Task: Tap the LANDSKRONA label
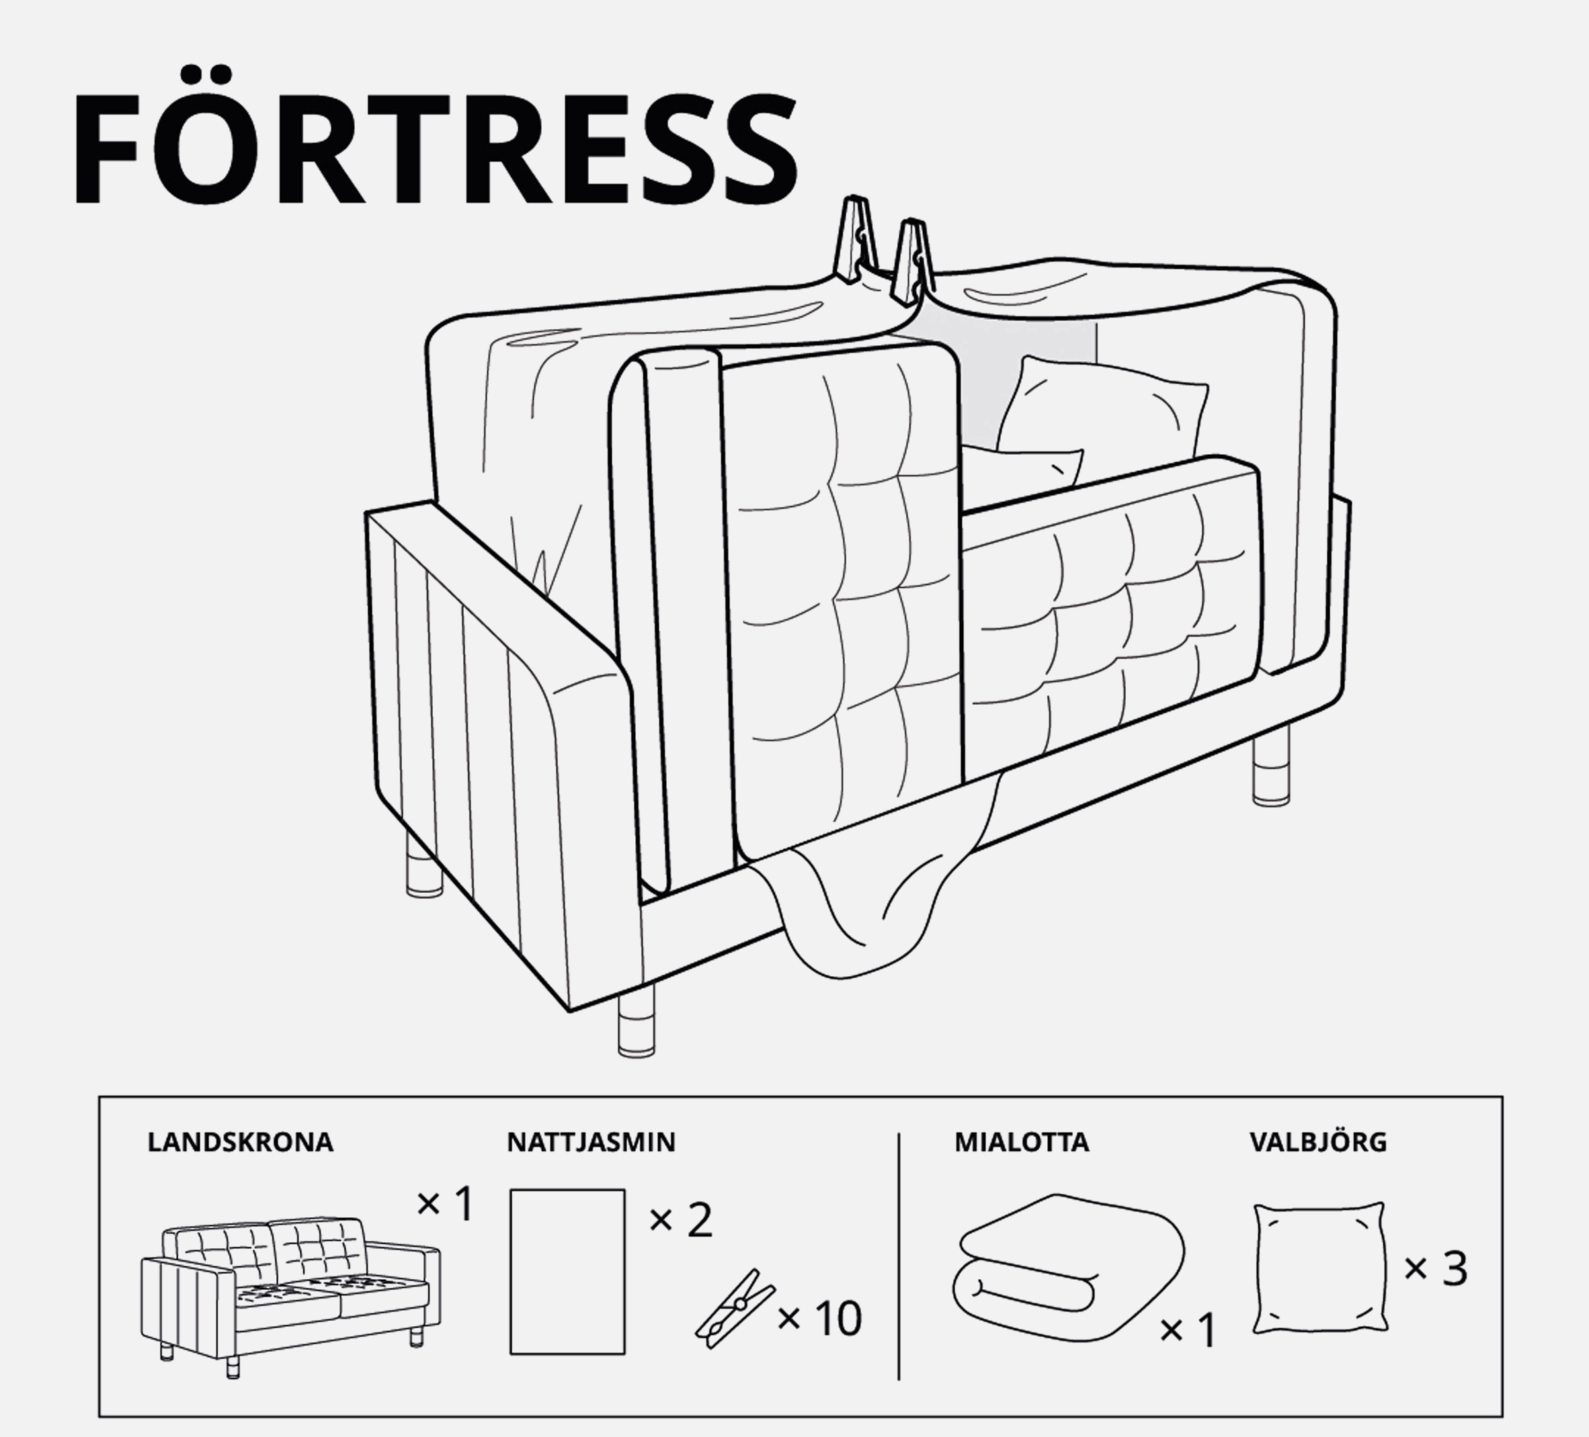pos(241,1142)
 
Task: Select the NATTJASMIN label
pos(591,1142)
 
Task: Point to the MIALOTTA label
pos(1022,1142)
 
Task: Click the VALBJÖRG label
pos(1318,1141)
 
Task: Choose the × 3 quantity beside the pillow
pos(1435,1269)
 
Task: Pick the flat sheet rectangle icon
pos(567,1272)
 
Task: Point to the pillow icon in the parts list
pos(1319,1268)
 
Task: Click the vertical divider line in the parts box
pos(899,1256)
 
